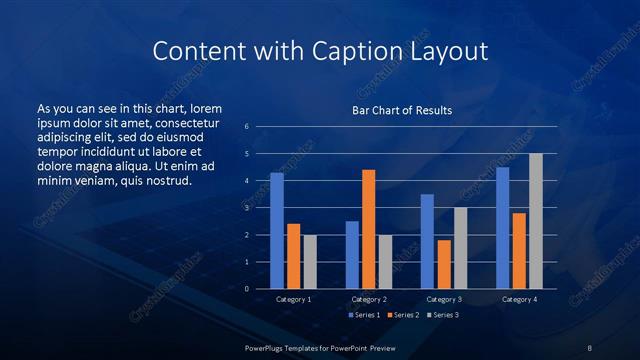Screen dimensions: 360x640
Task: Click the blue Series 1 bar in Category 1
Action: [x=277, y=231]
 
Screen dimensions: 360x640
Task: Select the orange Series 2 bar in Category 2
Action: [x=368, y=229]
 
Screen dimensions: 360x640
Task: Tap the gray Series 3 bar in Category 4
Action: [x=535, y=221]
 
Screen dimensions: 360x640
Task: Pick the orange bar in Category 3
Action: [x=443, y=264]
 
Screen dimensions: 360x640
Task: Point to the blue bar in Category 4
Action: [x=502, y=228]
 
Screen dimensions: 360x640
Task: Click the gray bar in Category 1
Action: [x=310, y=262]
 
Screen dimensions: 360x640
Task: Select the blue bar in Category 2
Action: [x=352, y=255]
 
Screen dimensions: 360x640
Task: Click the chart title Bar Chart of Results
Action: [x=401, y=110]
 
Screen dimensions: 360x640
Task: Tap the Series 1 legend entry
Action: [x=363, y=315]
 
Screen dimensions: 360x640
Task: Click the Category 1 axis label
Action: [x=293, y=299]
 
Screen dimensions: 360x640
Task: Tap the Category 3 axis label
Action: [x=443, y=299]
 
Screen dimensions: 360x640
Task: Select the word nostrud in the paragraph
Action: [x=163, y=180]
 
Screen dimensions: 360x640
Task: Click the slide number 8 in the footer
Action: [x=590, y=347]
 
